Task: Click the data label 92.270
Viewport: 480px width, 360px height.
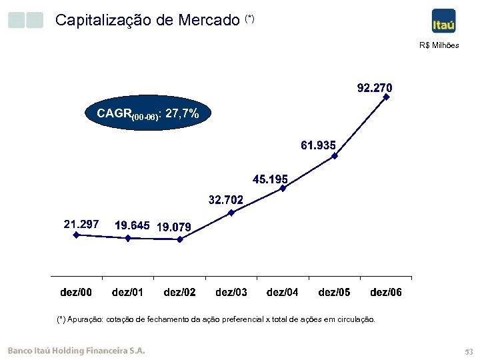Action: click(x=375, y=88)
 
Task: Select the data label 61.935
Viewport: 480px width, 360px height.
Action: click(x=318, y=145)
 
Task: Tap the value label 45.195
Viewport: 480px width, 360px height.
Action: click(x=270, y=179)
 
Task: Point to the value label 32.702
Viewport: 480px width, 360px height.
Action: click(x=226, y=199)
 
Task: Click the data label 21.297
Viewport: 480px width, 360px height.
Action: click(x=81, y=225)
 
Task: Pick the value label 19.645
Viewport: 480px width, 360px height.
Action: click(x=132, y=226)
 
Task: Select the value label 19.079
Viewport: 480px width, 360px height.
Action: click(x=173, y=227)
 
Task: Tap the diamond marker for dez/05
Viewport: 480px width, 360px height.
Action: click(x=335, y=156)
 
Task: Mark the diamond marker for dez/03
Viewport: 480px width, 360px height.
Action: click(x=231, y=213)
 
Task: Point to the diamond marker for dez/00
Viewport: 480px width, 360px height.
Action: click(x=77, y=235)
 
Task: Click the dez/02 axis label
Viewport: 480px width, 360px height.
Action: click(x=179, y=292)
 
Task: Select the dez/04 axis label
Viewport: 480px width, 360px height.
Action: click(x=283, y=292)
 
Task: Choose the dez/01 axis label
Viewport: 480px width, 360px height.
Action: click(x=127, y=292)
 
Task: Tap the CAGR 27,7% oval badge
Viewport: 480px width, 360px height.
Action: click(x=147, y=114)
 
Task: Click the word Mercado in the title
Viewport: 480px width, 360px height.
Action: click(x=209, y=20)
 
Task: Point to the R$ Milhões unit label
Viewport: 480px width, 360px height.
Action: click(x=439, y=45)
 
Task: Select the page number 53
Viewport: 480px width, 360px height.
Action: click(x=467, y=351)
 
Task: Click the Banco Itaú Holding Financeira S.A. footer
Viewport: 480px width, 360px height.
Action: click(x=76, y=351)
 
